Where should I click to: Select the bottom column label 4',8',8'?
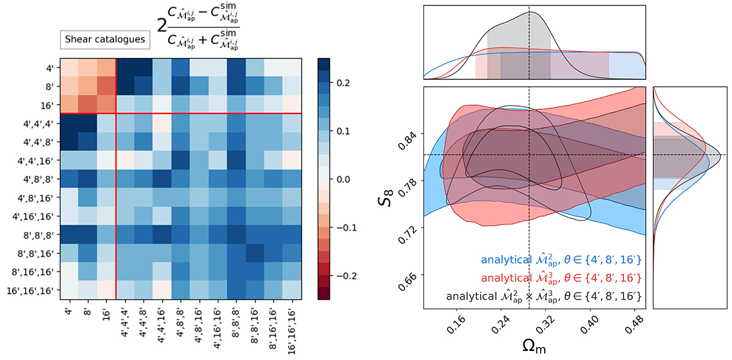181,320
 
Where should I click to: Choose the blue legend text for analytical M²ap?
560,259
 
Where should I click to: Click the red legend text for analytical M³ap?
560,278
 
